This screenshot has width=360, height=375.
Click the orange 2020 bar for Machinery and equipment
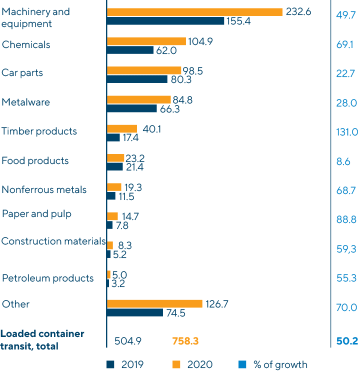194,12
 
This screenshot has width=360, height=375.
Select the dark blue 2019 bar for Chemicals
130,50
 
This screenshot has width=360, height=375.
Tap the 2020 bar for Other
154,304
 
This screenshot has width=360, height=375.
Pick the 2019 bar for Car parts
137,79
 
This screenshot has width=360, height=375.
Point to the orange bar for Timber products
122,129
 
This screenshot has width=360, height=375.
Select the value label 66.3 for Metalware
170,108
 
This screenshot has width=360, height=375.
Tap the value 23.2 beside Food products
135,158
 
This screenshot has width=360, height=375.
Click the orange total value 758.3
185,341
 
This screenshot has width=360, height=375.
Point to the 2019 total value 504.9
128,341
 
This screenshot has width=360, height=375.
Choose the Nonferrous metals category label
44,189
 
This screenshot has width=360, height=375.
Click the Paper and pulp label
37,214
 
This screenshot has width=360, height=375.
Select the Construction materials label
53,241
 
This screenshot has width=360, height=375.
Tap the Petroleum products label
48,278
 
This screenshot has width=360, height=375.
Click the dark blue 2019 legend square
111,364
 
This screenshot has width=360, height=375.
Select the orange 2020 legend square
176,364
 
